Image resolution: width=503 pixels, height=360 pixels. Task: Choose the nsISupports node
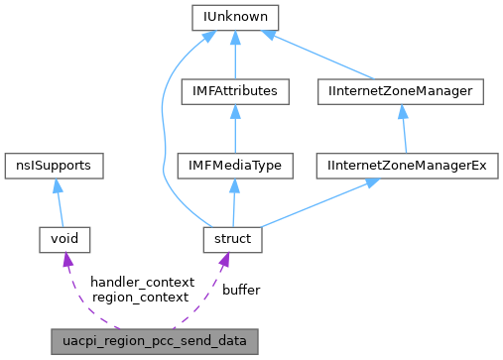(56, 165)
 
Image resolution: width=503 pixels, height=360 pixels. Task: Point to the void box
(64, 238)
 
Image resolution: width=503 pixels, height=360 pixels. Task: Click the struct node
(231, 238)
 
